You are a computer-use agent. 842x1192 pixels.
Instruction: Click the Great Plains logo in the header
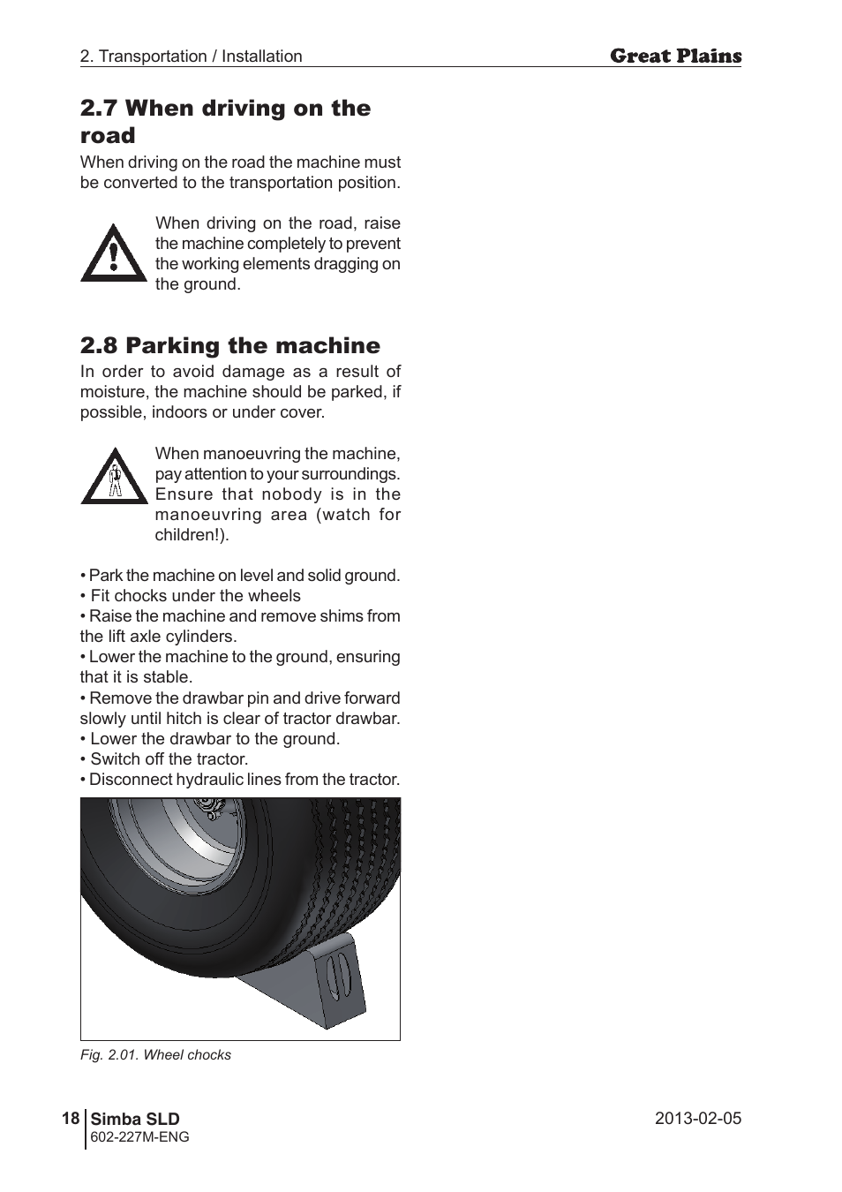(675, 57)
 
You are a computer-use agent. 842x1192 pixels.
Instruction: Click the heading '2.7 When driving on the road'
(225, 121)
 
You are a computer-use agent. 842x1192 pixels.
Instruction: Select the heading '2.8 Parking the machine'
(229, 345)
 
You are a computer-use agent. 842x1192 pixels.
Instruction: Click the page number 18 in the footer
(71, 1119)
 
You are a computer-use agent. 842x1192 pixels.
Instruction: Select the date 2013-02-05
(697, 1119)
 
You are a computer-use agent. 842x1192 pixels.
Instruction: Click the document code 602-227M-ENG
(140, 1137)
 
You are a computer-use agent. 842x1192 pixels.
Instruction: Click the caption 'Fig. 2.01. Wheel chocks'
(155, 1055)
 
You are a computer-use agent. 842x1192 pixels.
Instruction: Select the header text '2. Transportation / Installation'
(191, 57)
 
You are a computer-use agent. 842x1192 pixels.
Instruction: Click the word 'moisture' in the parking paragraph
(113, 392)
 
